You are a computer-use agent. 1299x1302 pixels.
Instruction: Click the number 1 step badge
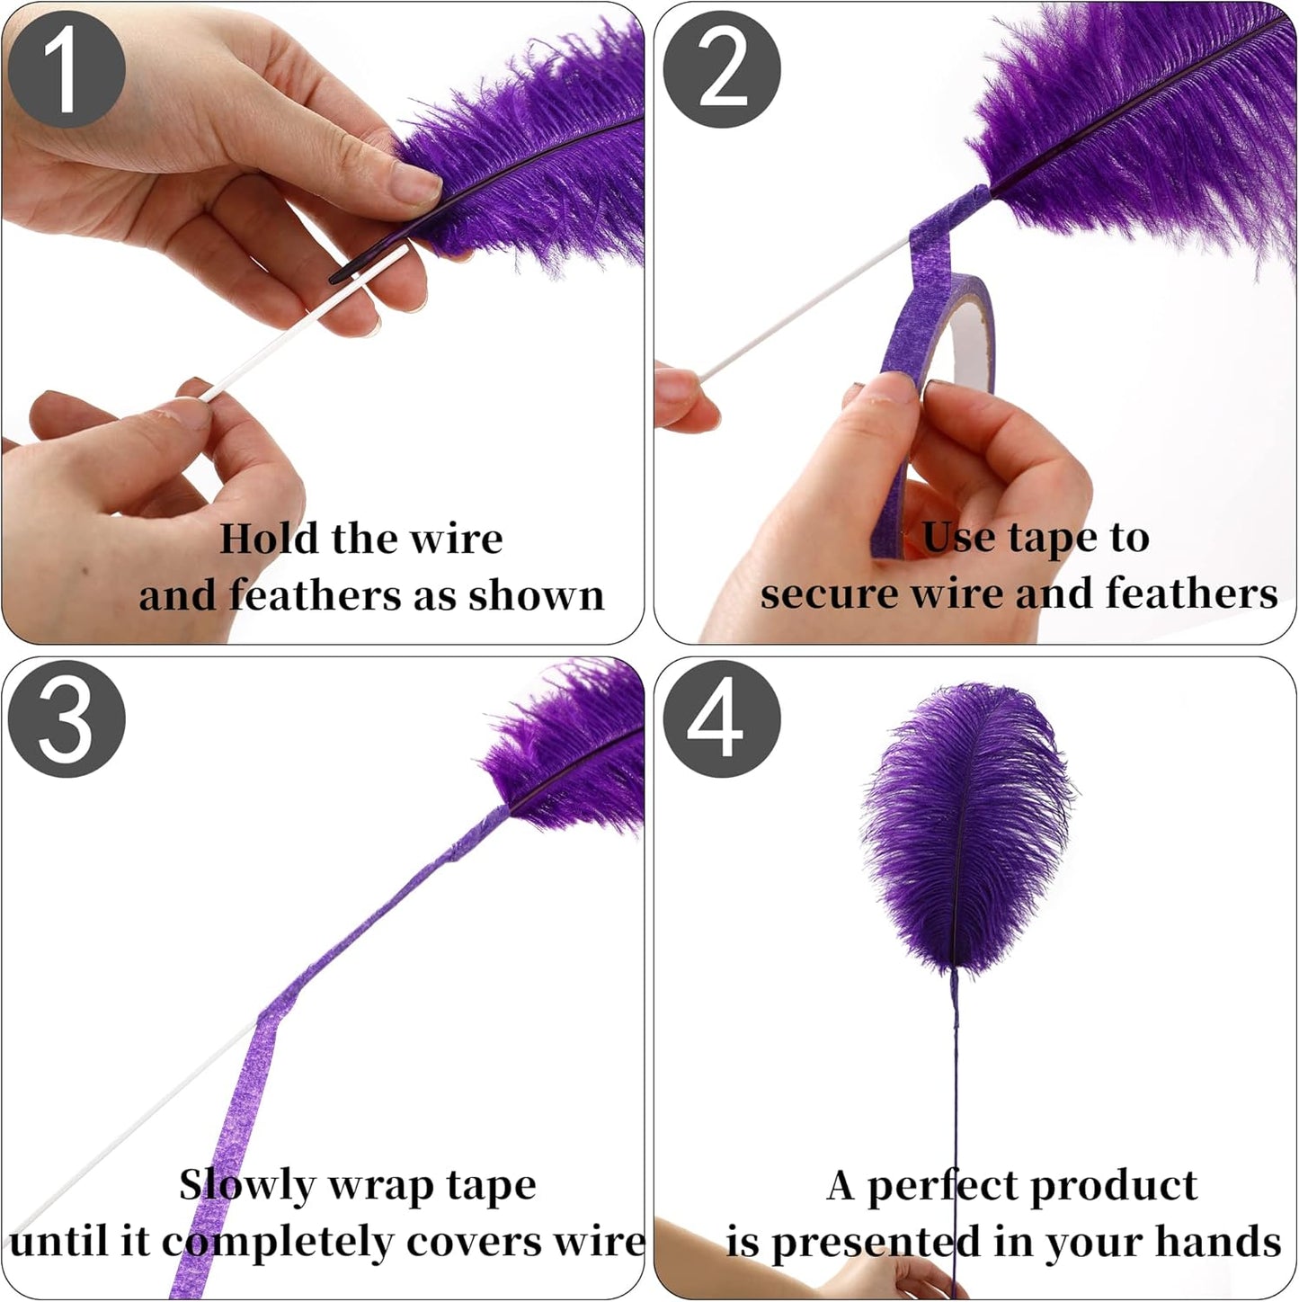(66, 69)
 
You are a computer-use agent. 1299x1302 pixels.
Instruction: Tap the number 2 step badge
(721, 69)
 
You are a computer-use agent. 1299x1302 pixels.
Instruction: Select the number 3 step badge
(66, 718)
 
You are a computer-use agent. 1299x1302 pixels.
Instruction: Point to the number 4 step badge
(721, 718)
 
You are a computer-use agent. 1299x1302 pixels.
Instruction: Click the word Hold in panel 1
(269, 539)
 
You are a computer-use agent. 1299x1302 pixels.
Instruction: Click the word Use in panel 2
(958, 537)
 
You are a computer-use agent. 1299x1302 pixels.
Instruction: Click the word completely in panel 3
(277, 1243)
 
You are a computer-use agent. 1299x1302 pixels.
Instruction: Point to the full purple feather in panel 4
(967, 827)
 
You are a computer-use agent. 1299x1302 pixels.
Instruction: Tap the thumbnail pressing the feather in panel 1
(415, 182)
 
